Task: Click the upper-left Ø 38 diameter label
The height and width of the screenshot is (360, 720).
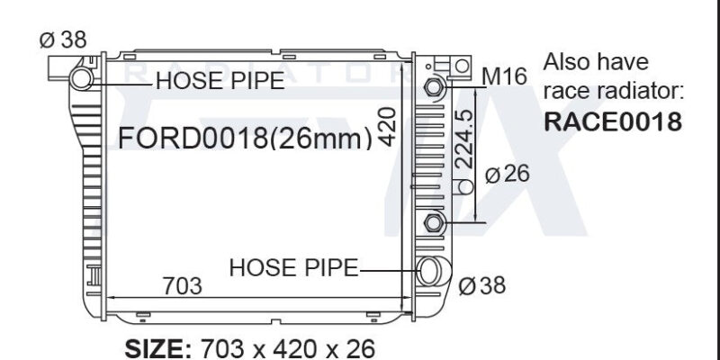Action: pos(63,40)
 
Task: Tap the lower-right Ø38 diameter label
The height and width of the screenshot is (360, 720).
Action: pos(482,285)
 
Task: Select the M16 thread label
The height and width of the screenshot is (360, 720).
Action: pos(505,76)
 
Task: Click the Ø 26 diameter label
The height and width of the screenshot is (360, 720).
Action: pos(508,175)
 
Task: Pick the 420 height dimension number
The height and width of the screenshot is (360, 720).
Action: pos(388,127)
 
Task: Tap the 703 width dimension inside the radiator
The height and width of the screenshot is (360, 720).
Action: pos(183,286)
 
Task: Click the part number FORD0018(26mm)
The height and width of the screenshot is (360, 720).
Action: pos(245,138)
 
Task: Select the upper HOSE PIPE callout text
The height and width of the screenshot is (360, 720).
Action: pos(220,81)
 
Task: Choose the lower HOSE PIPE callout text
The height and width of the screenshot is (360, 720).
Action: pos(293,267)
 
